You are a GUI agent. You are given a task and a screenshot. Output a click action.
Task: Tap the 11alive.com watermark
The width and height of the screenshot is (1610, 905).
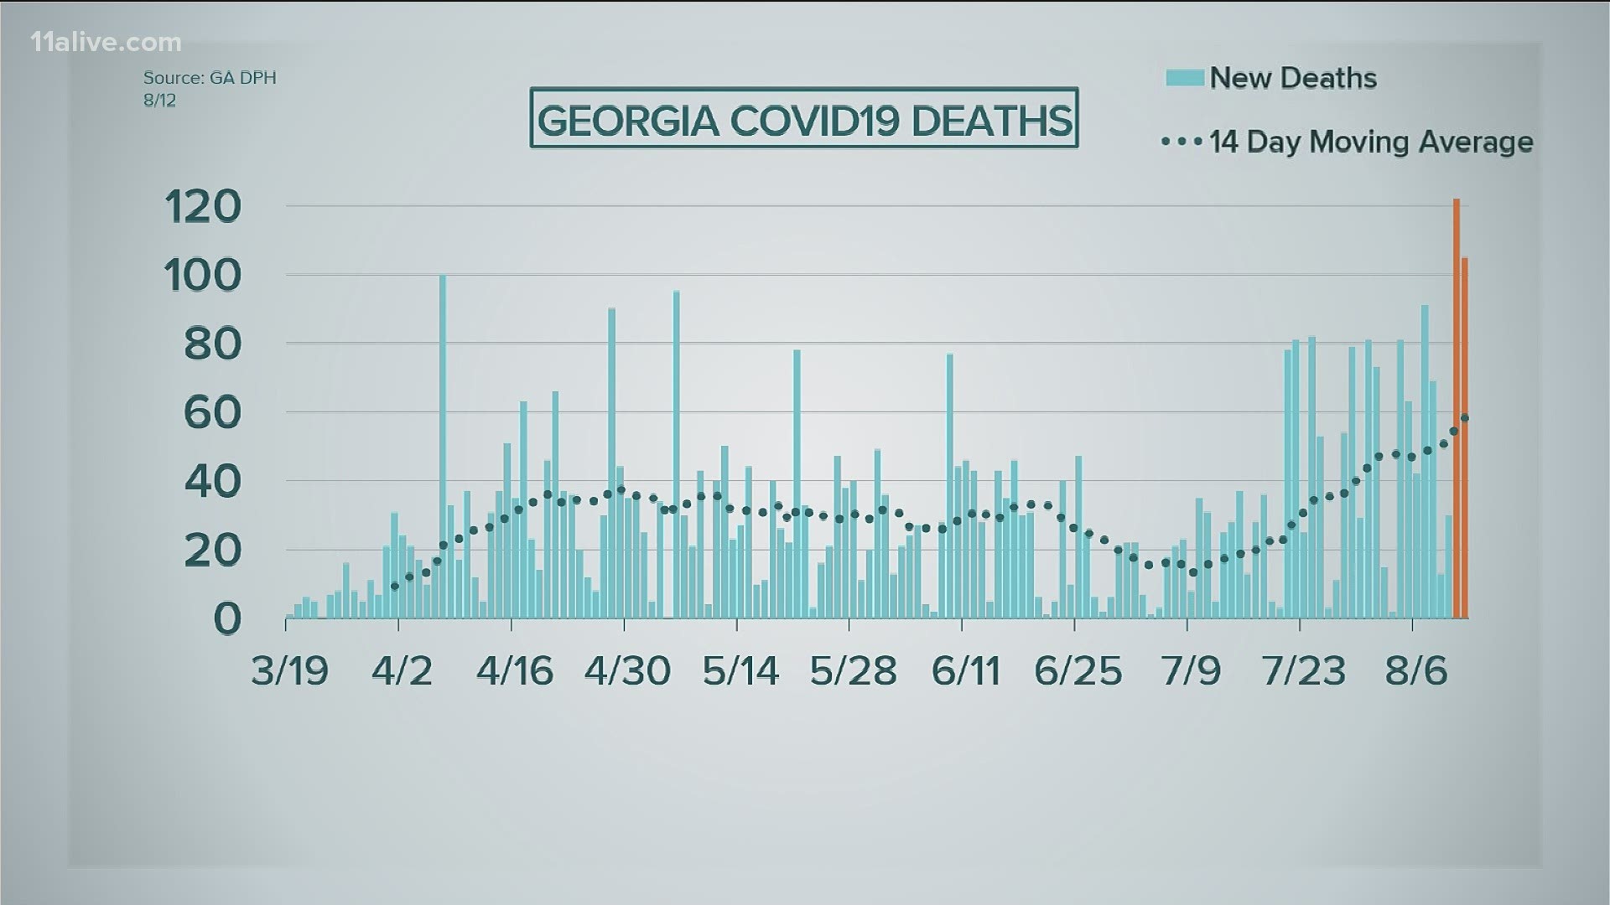click(x=106, y=42)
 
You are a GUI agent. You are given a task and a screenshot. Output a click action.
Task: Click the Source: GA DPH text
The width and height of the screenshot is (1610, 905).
click(x=210, y=78)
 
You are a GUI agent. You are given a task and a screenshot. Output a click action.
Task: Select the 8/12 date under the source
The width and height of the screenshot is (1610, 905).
click(x=159, y=100)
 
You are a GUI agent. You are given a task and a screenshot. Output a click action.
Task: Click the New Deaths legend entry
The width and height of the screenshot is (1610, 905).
click(x=1292, y=78)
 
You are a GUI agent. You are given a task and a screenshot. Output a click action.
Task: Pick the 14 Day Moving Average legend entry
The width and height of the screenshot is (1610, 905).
click(x=1370, y=142)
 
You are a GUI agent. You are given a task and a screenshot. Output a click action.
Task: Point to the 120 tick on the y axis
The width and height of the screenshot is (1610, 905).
click(x=204, y=206)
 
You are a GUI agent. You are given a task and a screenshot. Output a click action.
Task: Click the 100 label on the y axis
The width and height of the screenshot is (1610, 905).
click(x=204, y=275)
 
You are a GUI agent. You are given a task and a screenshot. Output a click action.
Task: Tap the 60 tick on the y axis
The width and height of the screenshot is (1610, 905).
click(x=212, y=412)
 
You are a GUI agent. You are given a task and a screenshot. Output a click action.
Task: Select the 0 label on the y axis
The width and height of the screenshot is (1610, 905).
click(x=227, y=618)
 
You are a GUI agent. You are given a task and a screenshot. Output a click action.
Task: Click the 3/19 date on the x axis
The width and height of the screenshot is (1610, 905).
click(x=290, y=670)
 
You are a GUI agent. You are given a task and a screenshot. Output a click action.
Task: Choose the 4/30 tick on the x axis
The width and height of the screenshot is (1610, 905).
click(x=627, y=670)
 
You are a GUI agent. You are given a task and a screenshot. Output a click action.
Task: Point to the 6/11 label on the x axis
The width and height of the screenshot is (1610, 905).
click(x=966, y=670)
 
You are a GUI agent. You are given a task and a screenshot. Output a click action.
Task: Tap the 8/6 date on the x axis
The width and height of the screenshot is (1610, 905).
click(x=1416, y=670)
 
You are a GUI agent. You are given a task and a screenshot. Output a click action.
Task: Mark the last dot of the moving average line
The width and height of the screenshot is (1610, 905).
click(x=1464, y=417)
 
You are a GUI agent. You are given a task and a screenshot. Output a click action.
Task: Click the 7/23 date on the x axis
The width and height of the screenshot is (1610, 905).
click(x=1303, y=670)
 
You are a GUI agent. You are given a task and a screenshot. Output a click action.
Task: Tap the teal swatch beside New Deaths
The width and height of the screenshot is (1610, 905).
click(x=1185, y=78)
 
